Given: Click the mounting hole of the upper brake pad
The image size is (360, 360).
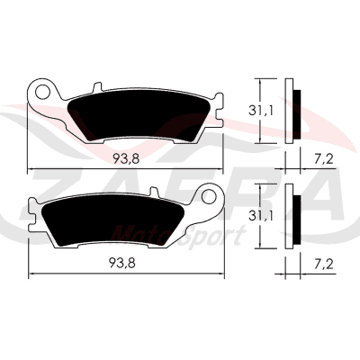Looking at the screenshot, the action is (x=42, y=92).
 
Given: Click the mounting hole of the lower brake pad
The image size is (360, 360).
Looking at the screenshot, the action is (x=209, y=197).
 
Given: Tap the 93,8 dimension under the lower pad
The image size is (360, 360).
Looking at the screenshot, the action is (x=122, y=263).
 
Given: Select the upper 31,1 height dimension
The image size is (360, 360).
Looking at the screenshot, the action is (x=260, y=112).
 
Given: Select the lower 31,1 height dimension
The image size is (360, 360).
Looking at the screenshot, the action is (x=260, y=216).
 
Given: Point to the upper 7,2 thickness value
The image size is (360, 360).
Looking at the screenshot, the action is (x=324, y=159).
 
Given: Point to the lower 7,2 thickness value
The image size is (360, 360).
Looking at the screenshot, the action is (x=324, y=264).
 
